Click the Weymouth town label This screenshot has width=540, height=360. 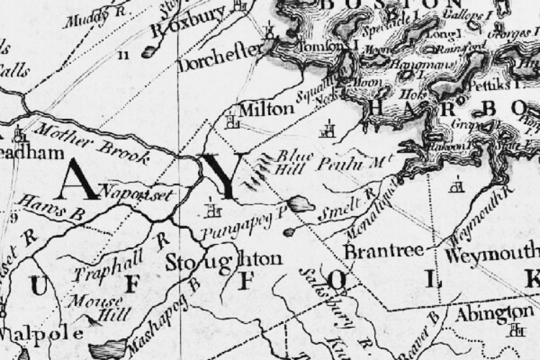tap(490, 256)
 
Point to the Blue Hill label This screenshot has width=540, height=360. tap(292, 162)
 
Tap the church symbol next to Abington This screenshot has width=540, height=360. tap(515, 330)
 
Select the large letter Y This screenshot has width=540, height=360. tap(217, 176)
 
